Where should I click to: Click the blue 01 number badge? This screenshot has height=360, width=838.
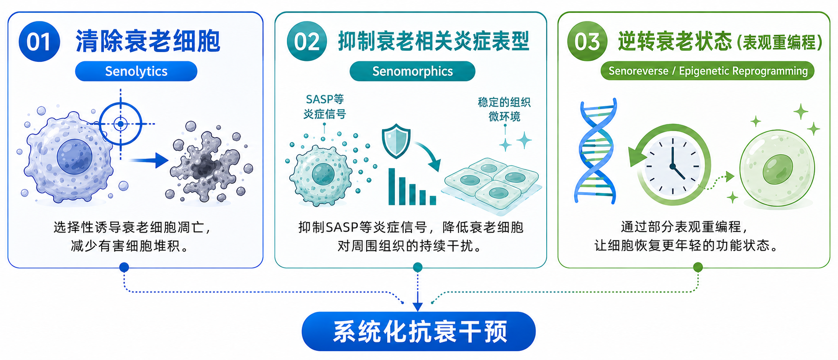(39, 42)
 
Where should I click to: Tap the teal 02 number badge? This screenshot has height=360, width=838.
(307, 42)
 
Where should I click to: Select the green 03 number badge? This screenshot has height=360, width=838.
(587, 42)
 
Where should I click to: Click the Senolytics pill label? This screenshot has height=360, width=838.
(136, 71)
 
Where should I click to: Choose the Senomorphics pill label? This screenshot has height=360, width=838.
(412, 71)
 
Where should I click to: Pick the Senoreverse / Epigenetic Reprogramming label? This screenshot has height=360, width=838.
(707, 71)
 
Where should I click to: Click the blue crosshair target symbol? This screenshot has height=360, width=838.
(121, 124)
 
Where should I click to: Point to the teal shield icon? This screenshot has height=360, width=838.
(396, 141)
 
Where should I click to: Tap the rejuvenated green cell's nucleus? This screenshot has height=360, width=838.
(778, 169)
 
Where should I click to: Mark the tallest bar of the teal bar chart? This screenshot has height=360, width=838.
(392, 186)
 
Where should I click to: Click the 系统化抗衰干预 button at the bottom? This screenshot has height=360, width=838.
(418, 331)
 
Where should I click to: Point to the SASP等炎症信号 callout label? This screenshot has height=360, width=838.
(325, 106)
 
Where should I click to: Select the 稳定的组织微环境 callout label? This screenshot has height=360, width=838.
(504, 109)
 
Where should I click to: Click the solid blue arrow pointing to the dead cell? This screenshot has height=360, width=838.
(149, 160)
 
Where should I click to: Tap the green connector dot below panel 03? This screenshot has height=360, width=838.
(698, 267)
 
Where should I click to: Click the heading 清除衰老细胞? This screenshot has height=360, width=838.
(148, 42)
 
